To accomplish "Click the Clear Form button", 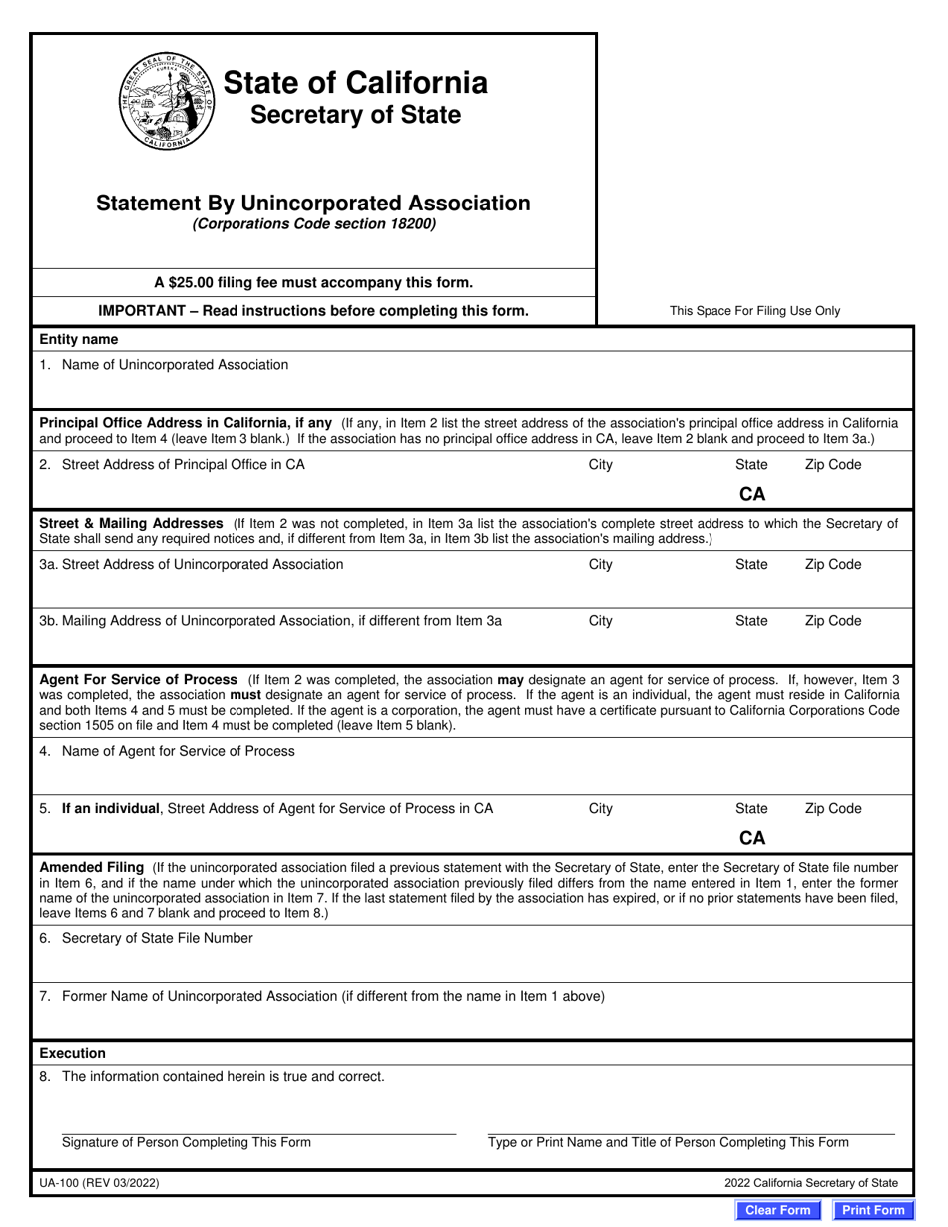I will [x=778, y=1210].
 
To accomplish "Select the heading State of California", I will [x=354, y=82].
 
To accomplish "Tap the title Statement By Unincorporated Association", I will [x=313, y=204].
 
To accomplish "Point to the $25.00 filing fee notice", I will [x=313, y=282].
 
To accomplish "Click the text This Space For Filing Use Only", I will [x=754, y=311].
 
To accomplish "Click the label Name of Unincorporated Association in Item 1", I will [x=175, y=365].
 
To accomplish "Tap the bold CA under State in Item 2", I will [x=751, y=494].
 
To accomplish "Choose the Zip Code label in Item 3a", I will [x=832, y=565].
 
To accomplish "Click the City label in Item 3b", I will [x=600, y=621].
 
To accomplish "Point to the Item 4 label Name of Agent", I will [x=178, y=751].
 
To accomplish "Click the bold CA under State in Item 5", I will [x=751, y=838].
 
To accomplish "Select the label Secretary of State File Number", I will [x=157, y=938].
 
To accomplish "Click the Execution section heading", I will [x=72, y=1053].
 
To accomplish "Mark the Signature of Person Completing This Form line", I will [x=258, y=1133].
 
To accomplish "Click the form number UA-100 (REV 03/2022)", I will [x=99, y=1183].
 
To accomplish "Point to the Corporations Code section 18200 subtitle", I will [x=313, y=224].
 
